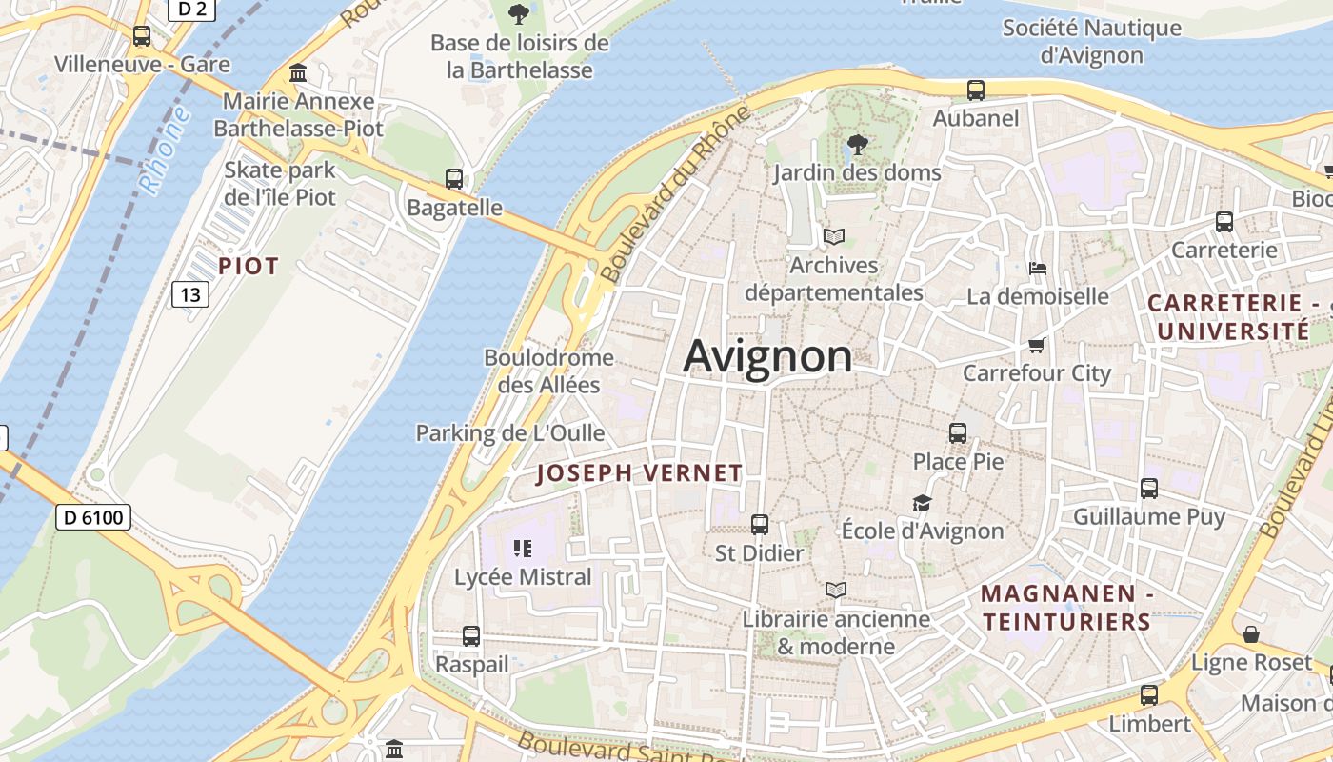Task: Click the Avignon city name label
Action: point(767,356)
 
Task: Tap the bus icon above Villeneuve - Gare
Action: point(142,36)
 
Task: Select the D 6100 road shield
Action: point(93,517)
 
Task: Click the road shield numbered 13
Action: point(190,294)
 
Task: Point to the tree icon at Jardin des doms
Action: point(857,145)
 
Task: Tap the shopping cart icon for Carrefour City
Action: point(1037,345)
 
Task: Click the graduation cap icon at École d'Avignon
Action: point(922,503)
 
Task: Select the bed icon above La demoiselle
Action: point(1037,269)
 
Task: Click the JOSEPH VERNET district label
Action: point(639,473)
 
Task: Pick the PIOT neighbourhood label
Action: point(249,266)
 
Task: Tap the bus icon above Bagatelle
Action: point(454,179)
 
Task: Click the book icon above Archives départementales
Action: point(834,236)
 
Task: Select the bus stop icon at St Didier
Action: point(759,525)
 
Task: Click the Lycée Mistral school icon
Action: point(522,548)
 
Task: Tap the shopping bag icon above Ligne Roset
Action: point(1251,633)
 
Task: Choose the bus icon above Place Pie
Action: point(958,433)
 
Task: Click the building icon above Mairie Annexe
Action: point(298,73)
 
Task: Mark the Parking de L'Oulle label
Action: point(510,433)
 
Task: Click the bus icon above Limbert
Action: point(1149,694)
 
